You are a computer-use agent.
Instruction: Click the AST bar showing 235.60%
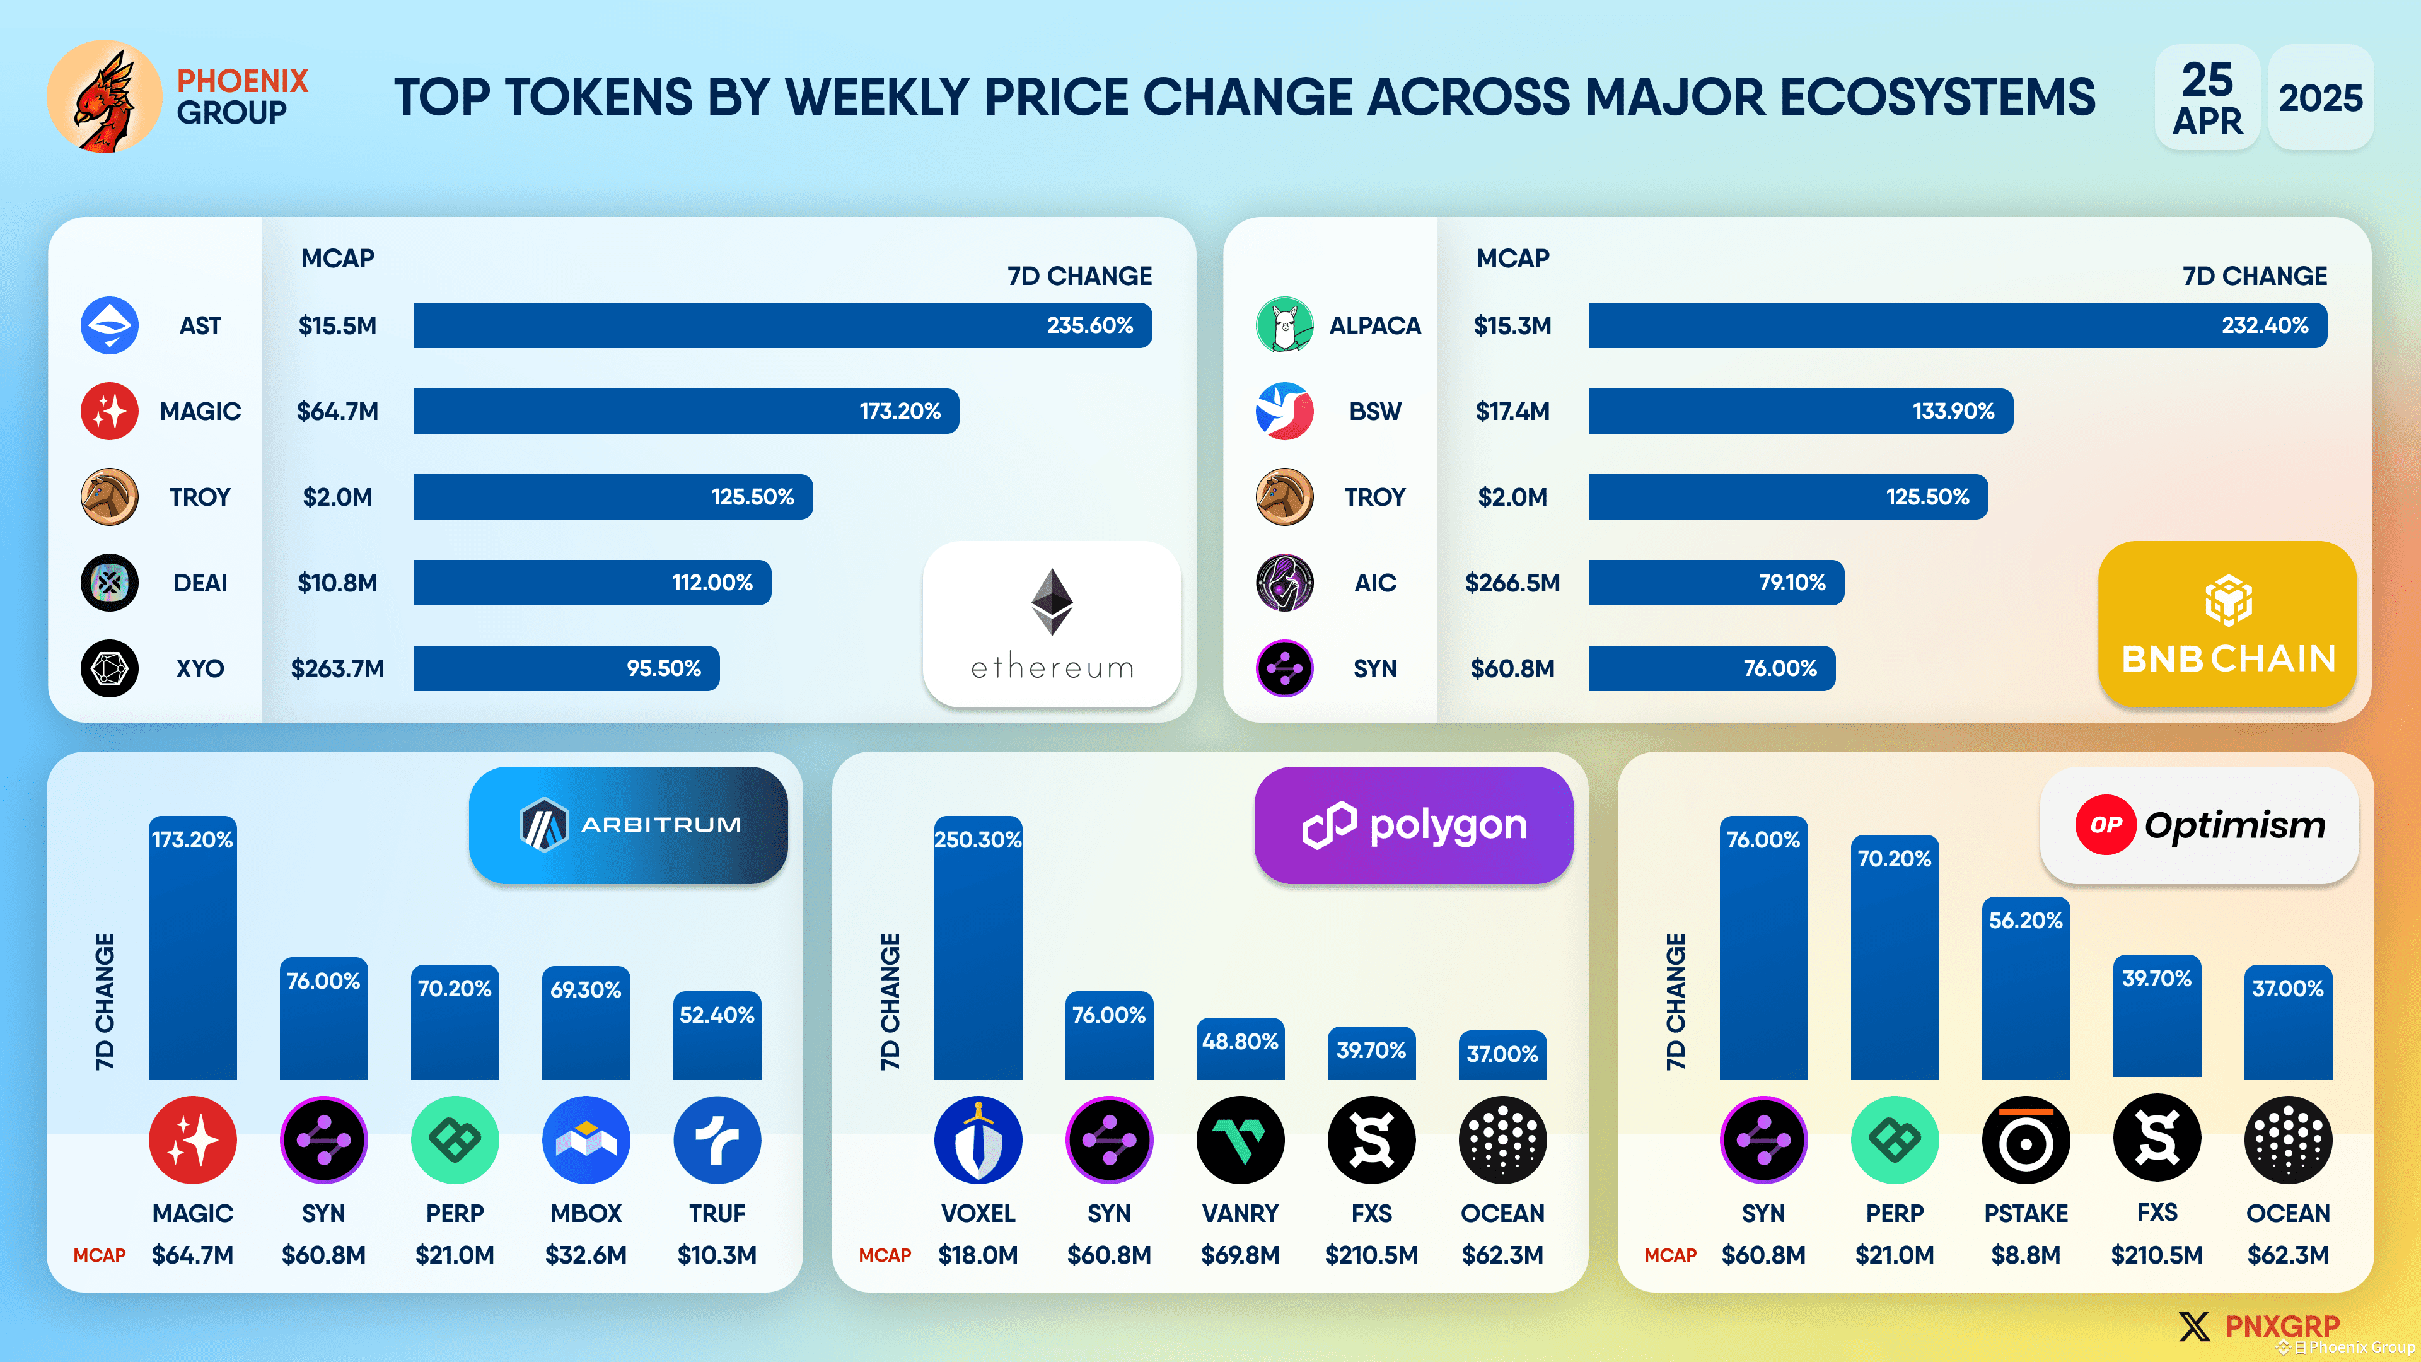pos(782,325)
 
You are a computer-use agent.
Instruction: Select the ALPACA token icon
pos(1284,325)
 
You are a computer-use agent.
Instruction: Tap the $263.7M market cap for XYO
pos(337,668)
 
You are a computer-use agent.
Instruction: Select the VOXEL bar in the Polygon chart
pos(977,950)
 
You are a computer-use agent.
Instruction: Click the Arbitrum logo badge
pos(628,824)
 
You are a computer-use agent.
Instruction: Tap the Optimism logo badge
pos(2198,824)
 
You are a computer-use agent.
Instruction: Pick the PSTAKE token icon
pos(2025,1140)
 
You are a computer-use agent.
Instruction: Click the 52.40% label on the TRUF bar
pos(717,1015)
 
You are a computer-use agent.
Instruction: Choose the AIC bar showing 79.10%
pos(1715,583)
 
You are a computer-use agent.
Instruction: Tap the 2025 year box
pos(2319,98)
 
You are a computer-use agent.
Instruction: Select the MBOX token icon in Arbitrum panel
pos(586,1140)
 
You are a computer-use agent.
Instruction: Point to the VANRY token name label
pos(1240,1213)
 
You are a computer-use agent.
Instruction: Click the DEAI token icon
pos(110,583)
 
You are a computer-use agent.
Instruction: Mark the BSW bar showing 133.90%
pos(1800,410)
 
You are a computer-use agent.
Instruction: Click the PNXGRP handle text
pos(2282,1326)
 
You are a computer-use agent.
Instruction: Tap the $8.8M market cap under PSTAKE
pos(2025,1255)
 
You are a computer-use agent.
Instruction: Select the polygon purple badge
pos(1412,824)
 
